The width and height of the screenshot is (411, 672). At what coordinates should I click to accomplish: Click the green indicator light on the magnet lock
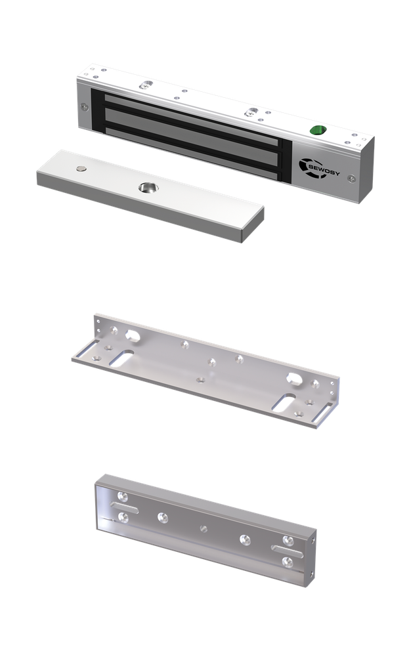(318, 130)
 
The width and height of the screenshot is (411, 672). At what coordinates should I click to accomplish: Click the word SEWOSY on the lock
(324, 170)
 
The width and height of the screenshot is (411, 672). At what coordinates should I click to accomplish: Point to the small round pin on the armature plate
(81, 169)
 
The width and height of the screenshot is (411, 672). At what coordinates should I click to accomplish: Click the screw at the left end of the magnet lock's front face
(85, 107)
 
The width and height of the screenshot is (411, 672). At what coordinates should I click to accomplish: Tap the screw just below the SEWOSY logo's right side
(351, 178)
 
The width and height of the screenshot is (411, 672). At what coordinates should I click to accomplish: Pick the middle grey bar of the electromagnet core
(192, 132)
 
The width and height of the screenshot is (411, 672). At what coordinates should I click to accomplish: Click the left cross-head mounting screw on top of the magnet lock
(146, 85)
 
